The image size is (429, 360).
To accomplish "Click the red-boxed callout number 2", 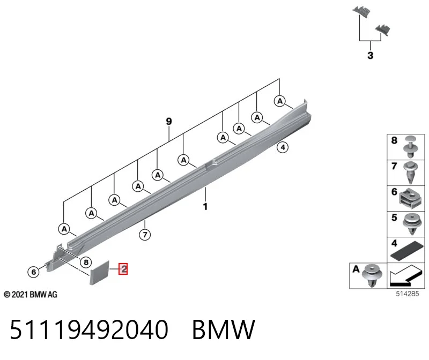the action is pyautogui.click(x=123, y=269).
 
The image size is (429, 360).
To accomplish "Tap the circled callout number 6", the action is pyautogui.click(x=33, y=272).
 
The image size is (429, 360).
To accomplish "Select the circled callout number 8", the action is pyautogui.click(x=86, y=262).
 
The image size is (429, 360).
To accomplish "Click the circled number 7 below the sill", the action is pyautogui.click(x=145, y=234).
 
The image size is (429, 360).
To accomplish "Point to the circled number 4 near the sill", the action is pyautogui.click(x=283, y=147).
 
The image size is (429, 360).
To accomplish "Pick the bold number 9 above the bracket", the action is pyautogui.click(x=169, y=121).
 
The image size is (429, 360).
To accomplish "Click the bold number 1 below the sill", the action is pyautogui.click(x=205, y=206).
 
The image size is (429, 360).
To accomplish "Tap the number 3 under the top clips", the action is pyautogui.click(x=370, y=55).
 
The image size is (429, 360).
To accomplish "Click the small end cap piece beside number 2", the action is pyautogui.click(x=99, y=273).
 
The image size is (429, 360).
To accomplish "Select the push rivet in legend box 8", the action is pyautogui.click(x=411, y=146).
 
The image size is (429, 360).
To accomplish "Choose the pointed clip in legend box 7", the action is pyautogui.click(x=410, y=172).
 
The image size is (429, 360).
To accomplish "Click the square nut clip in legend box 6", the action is pyautogui.click(x=410, y=198).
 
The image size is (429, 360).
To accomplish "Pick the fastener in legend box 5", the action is pyautogui.click(x=412, y=224).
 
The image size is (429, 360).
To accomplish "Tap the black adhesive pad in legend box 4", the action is pyautogui.click(x=406, y=250).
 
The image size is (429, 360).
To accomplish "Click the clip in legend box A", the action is pyautogui.click(x=372, y=275).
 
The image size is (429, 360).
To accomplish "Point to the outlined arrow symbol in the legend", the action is pyautogui.click(x=405, y=275).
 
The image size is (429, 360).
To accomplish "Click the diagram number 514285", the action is pyautogui.click(x=408, y=294).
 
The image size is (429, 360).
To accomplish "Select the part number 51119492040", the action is pyautogui.click(x=89, y=329).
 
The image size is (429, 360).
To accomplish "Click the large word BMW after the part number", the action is pyautogui.click(x=224, y=329).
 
